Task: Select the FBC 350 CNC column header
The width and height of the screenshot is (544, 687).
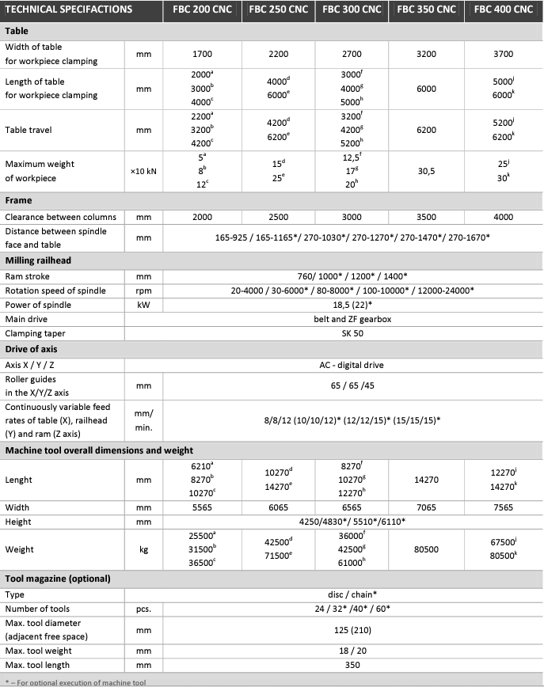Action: point(426,9)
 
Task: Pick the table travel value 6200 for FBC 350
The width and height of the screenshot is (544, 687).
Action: point(426,130)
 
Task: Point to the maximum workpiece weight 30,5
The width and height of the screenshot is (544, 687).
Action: point(426,171)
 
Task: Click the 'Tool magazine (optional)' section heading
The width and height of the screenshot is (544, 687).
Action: point(58,579)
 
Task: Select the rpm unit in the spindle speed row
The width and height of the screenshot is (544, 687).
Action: point(143,290)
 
